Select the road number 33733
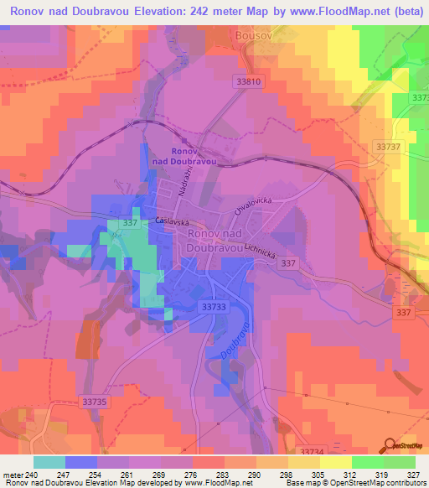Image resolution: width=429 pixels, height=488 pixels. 214,309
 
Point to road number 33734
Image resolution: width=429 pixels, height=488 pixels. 310,452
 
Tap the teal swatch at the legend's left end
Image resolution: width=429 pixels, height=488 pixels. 49,462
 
